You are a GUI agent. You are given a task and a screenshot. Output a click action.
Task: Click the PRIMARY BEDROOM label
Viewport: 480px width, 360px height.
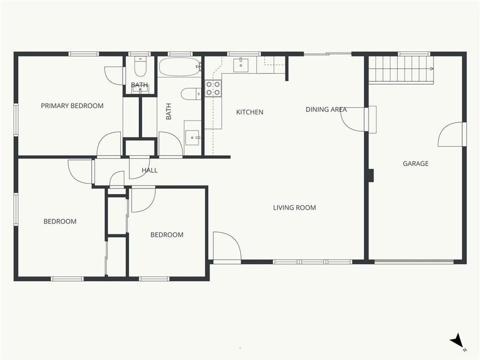[x=72, y=106]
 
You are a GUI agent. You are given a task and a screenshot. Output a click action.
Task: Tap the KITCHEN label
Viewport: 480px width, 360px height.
[x=250, y=112]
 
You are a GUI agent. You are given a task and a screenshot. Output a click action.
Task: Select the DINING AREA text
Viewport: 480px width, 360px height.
[x=326, y=109]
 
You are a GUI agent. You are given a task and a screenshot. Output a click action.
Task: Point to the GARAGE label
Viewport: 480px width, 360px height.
[x=415, y=164]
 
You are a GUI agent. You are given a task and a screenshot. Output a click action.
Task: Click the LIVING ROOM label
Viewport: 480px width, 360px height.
[x=294, y=207]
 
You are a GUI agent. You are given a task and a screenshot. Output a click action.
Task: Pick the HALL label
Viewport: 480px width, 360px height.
[x=149, y=171]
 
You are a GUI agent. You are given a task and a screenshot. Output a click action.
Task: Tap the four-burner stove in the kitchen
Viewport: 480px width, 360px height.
[x=213, y=88]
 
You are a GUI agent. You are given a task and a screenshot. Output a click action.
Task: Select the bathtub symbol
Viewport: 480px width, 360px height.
[x=179, y=68]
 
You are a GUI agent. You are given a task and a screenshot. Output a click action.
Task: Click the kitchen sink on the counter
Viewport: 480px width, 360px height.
[x=242, y=65]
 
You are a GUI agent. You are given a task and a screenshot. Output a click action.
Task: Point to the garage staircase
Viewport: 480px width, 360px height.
[x=400, y=69]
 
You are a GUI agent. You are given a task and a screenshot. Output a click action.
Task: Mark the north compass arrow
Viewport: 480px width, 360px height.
[x=457, y=341]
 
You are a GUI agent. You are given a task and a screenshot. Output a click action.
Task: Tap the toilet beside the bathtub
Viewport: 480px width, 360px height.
[x=189, y=94]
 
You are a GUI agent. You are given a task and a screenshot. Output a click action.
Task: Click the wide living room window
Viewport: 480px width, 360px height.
[x=313, y=262]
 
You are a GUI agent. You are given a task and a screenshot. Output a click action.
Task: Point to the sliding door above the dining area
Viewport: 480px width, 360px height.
[x=327, y=53]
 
